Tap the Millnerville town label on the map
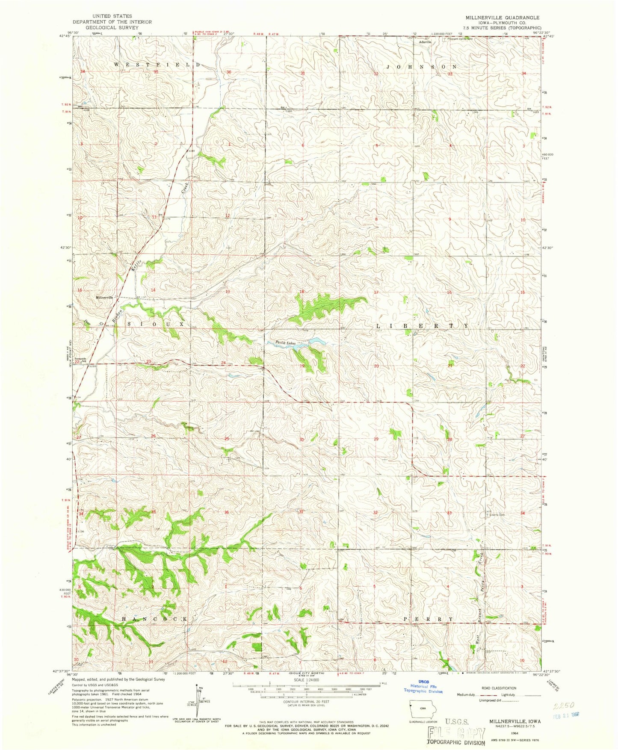[104, 297]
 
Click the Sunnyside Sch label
[80, 359]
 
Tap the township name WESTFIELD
[157, 64]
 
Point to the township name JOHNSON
[422, 67]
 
